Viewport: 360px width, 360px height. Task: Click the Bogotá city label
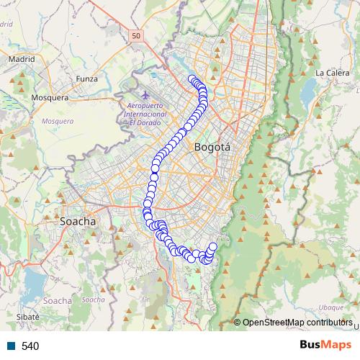click(212, 147)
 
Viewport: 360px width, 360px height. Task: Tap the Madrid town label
click(22, 59)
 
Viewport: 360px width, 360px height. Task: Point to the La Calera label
click(331, 73)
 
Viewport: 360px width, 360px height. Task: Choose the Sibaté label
click(27, 316)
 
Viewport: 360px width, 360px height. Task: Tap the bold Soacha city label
click(78, 221)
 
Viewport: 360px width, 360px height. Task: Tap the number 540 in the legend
click(30, 346)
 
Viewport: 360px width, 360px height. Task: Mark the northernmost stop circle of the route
click(192, 79)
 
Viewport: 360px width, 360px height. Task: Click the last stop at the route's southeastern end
click(213, 247)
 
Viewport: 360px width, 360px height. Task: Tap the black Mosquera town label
click(50, 97)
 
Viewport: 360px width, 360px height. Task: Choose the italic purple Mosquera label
click(57, 121)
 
